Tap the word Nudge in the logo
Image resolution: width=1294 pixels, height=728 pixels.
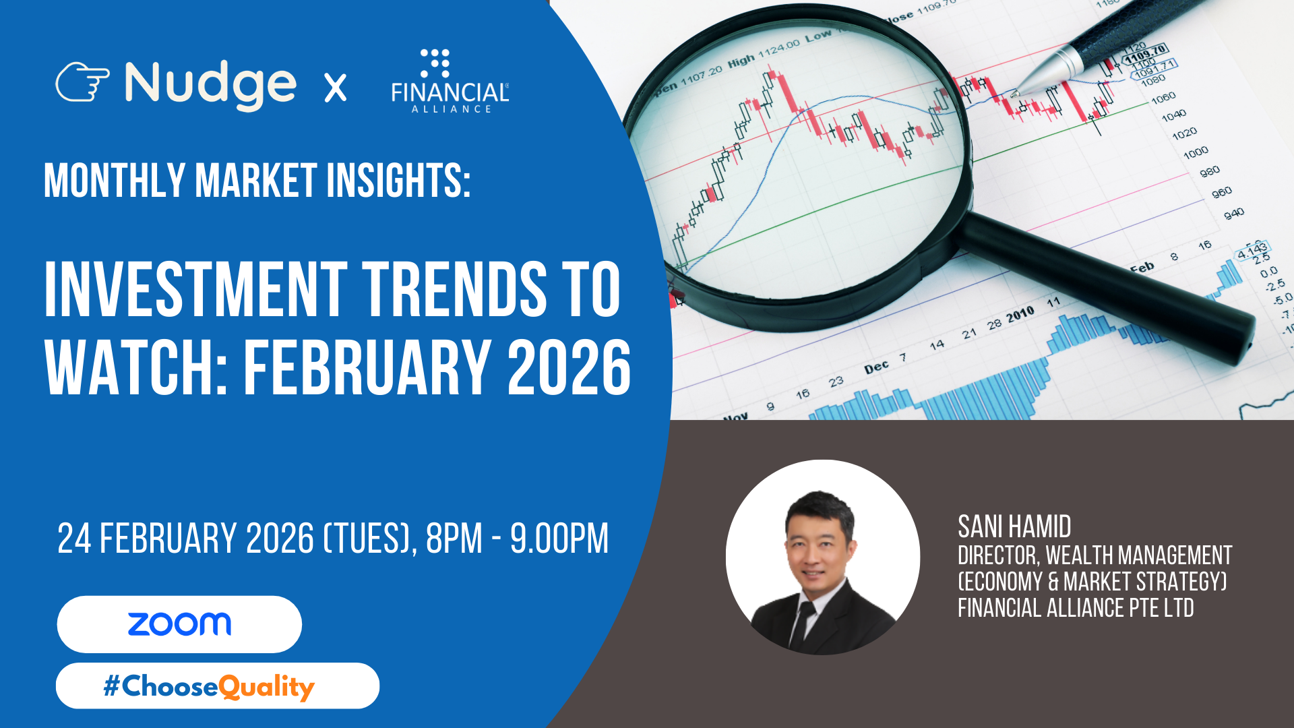(x=210, y=85)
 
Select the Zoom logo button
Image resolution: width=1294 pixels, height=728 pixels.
(x=179, y=624)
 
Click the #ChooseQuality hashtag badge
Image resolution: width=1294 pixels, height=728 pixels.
(x=218, y=686)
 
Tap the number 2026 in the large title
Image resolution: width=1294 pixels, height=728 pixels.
(x=569, y=367)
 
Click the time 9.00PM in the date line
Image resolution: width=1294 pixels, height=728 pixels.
(x=559, y=539)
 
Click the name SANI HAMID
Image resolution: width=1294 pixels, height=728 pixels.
(x=1014, y=526)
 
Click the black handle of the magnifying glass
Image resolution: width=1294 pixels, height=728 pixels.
(x=1105, y=288)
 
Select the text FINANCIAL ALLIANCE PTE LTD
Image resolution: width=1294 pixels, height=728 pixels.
(x=1076, y=608)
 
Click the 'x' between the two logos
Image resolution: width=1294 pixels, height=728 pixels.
(x=336, y=88)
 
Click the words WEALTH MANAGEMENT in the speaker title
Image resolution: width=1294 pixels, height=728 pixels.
(x=1139, y=555)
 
